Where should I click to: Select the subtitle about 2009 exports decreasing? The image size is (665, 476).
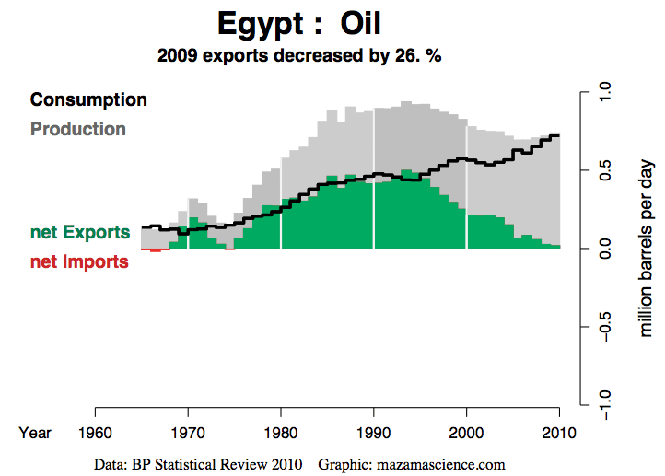(x=299, y=55)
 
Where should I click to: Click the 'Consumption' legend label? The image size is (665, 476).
(x=88, y=99)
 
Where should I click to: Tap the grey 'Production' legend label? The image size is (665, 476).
(x=78, y=129)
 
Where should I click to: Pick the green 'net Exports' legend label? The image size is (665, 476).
(x=80, y=232)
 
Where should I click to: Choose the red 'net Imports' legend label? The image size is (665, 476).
(x=79, y=261)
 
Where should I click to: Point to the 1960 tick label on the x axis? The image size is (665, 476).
(x=96, y=433)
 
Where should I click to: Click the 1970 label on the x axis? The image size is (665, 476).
(x=188, y=433)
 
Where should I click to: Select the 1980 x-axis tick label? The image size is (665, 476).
(x=281, y=433)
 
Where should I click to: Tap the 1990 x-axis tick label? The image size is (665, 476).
(x=374, y=433)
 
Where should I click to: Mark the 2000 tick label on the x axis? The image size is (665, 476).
(x=466, y=433)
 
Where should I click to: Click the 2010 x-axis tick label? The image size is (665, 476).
(x=559, y=433)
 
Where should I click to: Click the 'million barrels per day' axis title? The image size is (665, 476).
(x=647, y=248)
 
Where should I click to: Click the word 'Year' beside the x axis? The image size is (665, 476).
(x=36, y=433)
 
